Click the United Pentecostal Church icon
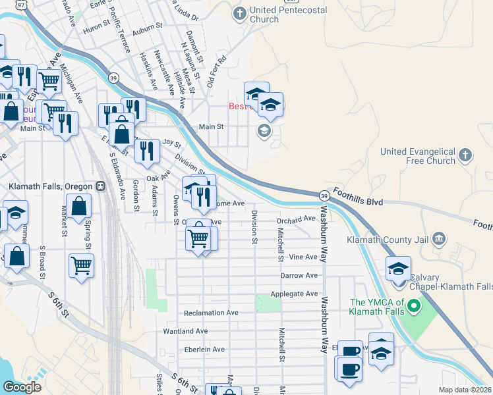(240, 13)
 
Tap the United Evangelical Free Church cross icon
(465, 155)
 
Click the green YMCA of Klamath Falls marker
(413, 306)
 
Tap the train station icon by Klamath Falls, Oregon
(101, 186)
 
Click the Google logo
(21, 386)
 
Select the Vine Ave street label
(303, 257)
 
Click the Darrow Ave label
(299, 275)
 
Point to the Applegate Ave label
(294, 294)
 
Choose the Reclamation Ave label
(211, 313)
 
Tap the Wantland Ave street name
(185, 331)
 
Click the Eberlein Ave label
(204, 350)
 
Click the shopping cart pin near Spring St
(82, 266)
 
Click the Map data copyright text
(465, 390)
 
